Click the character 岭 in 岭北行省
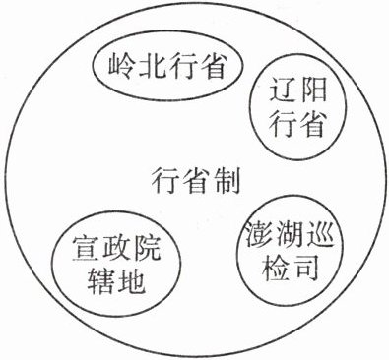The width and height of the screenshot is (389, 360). (120, 66)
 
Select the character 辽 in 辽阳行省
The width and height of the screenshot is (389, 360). (282, 90)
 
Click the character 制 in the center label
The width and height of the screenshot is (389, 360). (227, 180)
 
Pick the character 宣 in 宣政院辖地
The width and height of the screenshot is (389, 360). (84, 249)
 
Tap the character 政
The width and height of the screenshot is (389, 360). (115, 249)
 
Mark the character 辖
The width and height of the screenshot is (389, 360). (100, 281)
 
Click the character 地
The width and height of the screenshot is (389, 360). (132, 281)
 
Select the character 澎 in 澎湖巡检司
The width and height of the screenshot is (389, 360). (257, 235)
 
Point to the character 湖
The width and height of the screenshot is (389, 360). (289, 235)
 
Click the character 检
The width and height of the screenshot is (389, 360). (274, 269)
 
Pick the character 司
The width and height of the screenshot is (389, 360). (306, 269)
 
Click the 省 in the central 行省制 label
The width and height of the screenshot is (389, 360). (196, 180)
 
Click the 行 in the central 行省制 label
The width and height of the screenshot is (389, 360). (164, 180)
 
